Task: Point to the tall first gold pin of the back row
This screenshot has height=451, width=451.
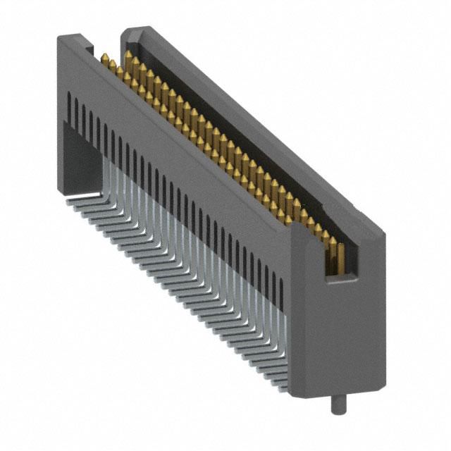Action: click(128, 58)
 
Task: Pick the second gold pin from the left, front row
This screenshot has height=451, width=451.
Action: click(111, 64)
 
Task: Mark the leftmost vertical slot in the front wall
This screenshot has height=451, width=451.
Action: click(68, 106)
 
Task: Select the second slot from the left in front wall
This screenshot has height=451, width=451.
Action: click(76, 111)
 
